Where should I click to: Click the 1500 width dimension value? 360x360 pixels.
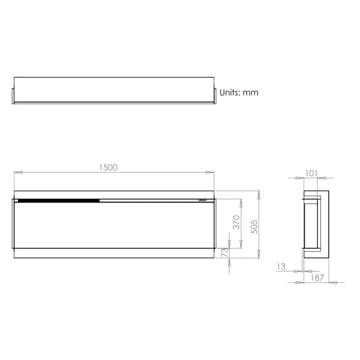tap(107, 167)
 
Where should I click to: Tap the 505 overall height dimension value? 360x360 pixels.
tap(254, 227)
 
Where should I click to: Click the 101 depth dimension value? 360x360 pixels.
tap(311, 173)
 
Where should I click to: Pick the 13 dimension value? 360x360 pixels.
tap(281, 267)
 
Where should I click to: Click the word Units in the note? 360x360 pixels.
tap(230, 92)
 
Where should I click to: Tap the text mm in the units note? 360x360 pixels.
tap(251, 92)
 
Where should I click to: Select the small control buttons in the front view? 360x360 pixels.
tap(202, 200)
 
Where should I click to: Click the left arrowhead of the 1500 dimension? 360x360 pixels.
tap(17, 172)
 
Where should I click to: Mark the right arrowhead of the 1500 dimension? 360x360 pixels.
tap(211, 172)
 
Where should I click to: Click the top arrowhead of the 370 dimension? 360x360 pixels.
tap(241, 201)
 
